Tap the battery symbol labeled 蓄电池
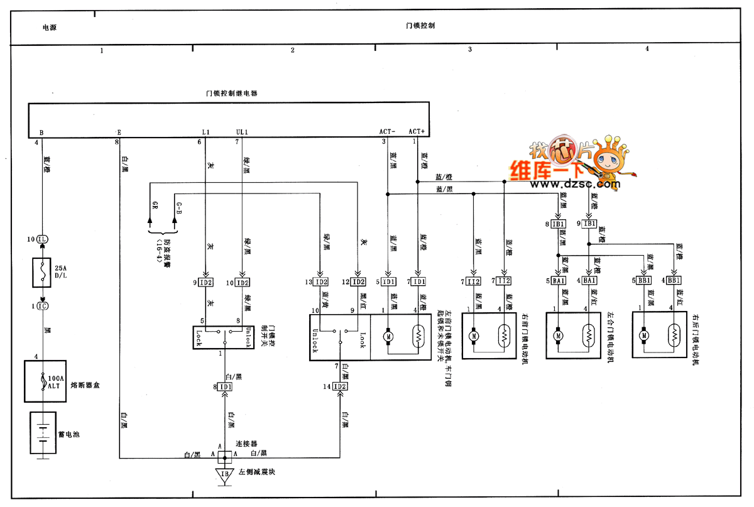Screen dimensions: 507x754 42,433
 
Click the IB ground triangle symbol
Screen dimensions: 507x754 224,474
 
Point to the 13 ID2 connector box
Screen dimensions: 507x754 322,282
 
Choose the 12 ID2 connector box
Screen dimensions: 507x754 359,282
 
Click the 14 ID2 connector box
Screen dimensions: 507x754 341,386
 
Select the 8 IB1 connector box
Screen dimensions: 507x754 559,224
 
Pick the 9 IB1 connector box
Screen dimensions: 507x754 590,224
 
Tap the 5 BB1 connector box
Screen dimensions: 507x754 644,280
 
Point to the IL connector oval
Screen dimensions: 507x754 42,239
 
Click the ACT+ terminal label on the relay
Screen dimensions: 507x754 417,131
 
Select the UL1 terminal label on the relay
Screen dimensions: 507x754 243,132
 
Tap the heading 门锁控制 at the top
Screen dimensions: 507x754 421,26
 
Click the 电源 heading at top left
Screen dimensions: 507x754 50,28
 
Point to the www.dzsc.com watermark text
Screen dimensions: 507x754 565,185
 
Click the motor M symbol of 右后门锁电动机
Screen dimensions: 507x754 644,336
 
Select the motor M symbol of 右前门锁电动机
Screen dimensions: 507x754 473,336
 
